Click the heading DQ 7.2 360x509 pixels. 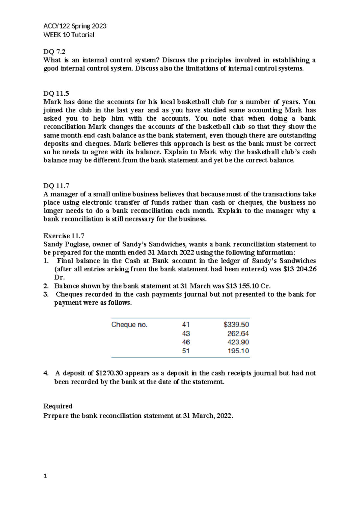[54, 52]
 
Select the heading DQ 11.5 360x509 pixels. [56, 93]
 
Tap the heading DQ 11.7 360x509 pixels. [56, 186]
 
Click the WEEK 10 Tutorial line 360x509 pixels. [69, 35]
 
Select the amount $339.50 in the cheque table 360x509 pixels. [236, 324]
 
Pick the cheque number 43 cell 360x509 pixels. [186, 333]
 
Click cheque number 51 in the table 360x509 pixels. [186, 351]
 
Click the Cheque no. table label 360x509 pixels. [129, 325]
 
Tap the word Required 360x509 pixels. [58, 406]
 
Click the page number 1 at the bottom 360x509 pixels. [45, 476]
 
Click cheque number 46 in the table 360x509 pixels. [186, 342]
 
